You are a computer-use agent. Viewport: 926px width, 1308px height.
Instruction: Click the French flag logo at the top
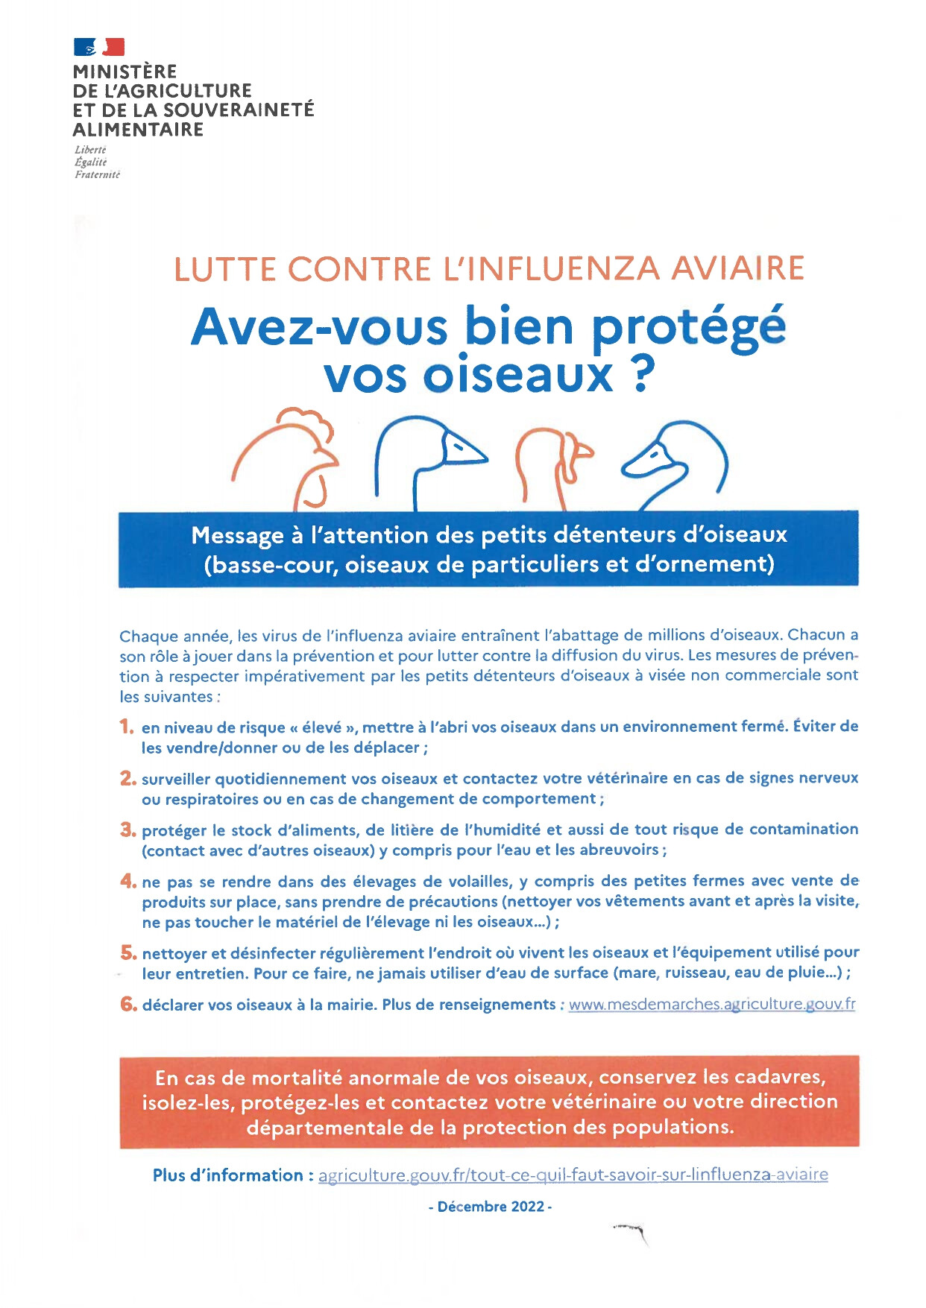tap(99, 47)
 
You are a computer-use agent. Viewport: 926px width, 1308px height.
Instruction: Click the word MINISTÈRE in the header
tap(125, 72)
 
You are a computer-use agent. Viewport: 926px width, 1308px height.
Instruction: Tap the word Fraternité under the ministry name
tap(97, 174)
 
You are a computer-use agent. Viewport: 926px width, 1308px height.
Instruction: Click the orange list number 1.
tap(127, 727)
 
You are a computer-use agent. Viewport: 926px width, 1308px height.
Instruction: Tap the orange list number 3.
tap(127, 830)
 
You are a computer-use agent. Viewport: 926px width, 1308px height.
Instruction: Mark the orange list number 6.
tap(128, 1004)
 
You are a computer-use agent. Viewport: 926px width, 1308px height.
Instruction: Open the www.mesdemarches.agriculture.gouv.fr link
tap(712, 1005)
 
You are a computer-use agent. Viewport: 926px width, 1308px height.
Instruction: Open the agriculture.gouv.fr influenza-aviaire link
tap(573, 1175)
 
